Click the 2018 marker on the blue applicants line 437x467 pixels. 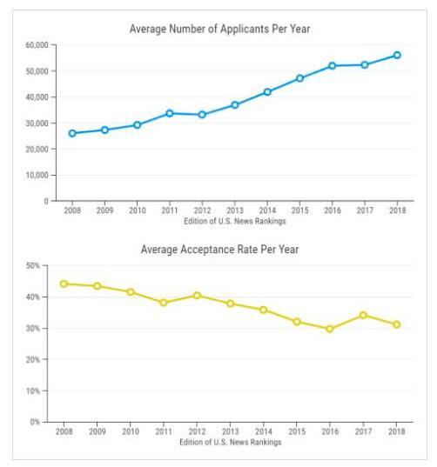(x=397, y=55)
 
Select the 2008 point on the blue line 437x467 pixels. (x=72, y=133)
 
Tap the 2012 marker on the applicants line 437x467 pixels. (x=202, y=115)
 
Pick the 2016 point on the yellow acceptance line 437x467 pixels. (x=330, y=329)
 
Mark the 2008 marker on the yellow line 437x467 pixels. (x=64, y=284)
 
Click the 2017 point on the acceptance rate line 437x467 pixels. (x=363, y=315)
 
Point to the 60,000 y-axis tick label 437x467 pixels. (x=37, y=45)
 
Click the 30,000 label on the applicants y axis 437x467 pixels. (x=37, y=123)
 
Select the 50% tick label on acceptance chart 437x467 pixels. (x=33, y=265)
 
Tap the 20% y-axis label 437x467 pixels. (x=33, y=359)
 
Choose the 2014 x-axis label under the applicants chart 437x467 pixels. (x=267, y=210)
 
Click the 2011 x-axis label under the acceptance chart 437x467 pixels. (x=164, y=431)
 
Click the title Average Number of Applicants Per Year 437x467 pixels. (x=220, y=29)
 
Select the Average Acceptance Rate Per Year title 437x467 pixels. (x=219, y=250)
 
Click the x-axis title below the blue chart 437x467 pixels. (x=235, y=221)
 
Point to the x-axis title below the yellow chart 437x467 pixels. (x=231, y=442)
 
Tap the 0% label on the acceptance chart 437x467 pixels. (x=35, y=422)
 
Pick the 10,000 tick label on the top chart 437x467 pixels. (x=37, y=175)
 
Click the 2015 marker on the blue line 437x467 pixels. (x=299, y=78)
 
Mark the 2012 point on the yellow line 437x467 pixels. (x=197, y=296)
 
